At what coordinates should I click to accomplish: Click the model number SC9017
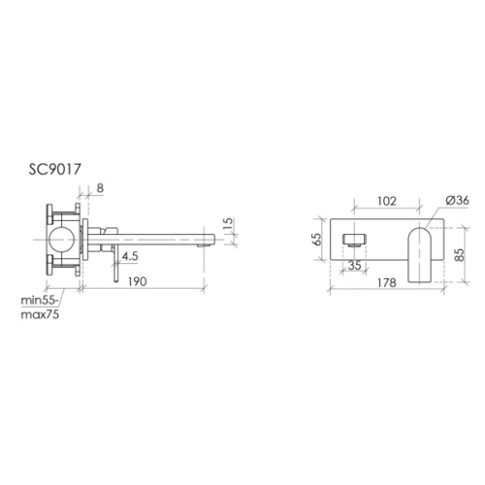point(54,170)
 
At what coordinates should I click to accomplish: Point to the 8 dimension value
point(100,188)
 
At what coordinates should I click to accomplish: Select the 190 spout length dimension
point(138,281)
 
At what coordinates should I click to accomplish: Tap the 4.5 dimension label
point(130,256)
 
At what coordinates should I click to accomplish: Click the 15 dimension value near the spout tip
point(228,224)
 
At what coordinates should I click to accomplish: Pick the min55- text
point(40,301)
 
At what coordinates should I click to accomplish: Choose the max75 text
point(40,314)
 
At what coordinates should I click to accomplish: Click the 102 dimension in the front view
point(387,201)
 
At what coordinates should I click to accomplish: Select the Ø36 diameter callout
point(457,201)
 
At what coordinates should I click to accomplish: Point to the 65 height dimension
point(317,239)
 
